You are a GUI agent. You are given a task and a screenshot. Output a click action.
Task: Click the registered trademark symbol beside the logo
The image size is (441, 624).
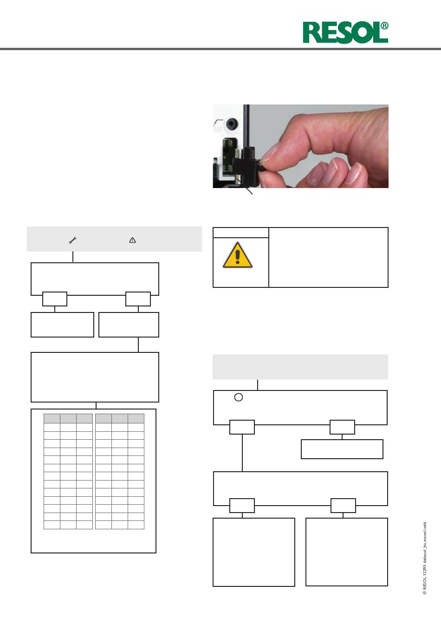tap(384, 26)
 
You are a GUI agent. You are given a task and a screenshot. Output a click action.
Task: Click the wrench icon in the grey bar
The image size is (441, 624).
tap(73, 240)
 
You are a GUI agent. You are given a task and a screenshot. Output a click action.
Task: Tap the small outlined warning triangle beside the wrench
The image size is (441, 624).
tap(132, 240)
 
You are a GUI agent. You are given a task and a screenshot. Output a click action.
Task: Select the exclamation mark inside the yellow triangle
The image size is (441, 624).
tap(237, 257)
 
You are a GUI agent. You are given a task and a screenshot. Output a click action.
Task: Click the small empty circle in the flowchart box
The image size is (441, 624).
tap(239, 397)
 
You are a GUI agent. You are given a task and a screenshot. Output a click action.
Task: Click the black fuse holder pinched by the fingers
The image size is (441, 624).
tap(248, 167)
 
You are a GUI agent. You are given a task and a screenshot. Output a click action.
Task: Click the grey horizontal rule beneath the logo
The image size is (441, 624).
tap(220, 49)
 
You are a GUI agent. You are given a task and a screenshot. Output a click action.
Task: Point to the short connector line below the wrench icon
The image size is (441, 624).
tap(73, 257)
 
